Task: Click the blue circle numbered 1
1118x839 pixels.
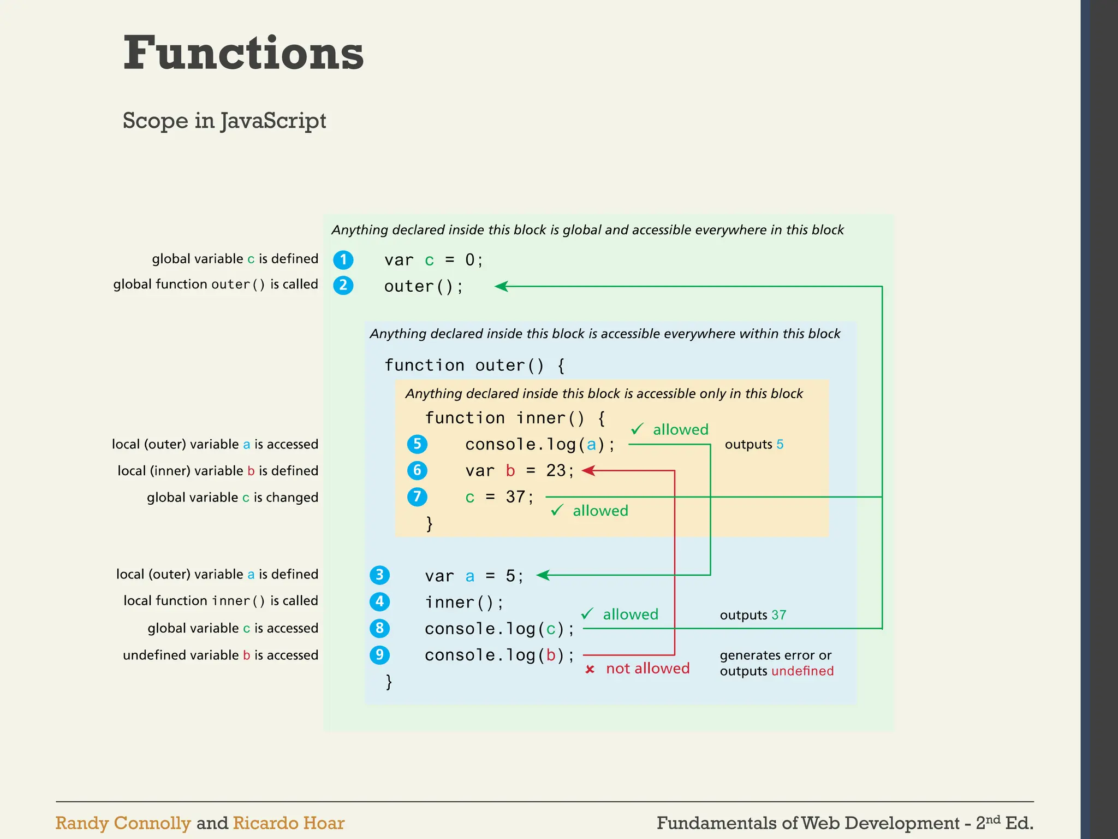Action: [343, 259]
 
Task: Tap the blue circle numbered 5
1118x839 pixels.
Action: [417, 444]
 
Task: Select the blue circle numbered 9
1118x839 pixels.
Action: [379, 654]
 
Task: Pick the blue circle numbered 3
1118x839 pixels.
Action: [379, 575]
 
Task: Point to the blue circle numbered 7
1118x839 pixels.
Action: [417, 497]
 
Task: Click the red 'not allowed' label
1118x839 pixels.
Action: [647, 669]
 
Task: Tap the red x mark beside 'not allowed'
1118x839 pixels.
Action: [590, 669]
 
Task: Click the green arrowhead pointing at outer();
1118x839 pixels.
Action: [501, 286]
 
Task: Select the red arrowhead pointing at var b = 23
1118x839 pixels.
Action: [588, 470]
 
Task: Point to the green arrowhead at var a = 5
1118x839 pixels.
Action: [543, 575]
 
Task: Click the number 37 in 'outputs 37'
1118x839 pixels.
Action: [778, 615]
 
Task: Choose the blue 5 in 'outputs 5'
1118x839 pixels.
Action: [780, 445]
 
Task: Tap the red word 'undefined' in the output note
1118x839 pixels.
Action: [802, 671]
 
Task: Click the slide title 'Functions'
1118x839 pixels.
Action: [243, 53]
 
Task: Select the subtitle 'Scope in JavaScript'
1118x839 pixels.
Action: [224, 121]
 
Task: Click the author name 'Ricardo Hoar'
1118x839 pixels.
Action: [288, 823]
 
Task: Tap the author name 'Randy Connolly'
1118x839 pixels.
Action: [123, 823]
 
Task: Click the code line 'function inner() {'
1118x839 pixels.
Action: [515, 418]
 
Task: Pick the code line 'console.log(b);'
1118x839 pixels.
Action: [499, 655]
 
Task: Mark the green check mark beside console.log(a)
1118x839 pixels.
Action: [637, 429]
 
